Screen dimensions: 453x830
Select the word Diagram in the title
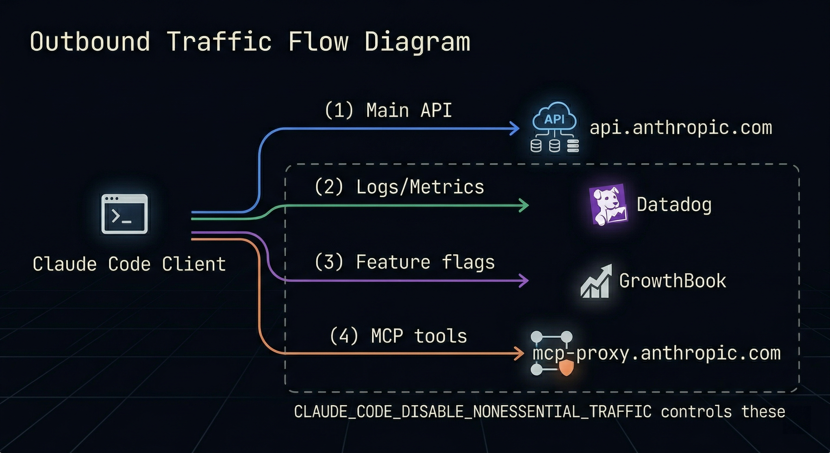[417, 42]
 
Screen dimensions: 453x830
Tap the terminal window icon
[124, 214]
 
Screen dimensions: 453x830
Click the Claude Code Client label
[129, 264]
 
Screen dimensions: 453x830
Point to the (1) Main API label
[388, 110]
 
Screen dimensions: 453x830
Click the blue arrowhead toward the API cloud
[515, 128]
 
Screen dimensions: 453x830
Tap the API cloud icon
[554, 127]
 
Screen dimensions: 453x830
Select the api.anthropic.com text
[681, 128]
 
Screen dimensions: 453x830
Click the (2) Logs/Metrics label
[399, 187]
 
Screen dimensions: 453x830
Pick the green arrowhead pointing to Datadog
[524, 205]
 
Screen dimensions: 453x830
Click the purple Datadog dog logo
[608, 205]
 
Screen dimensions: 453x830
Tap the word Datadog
[674, 205]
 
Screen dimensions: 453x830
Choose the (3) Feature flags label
[404, 262]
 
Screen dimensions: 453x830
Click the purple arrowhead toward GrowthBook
[524, 280]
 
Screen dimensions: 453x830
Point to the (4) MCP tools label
[398, 336]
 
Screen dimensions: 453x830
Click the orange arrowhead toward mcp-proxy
[520, 353]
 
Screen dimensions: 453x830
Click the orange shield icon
[566, 368]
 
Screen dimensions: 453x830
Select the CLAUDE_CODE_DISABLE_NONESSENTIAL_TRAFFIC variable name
[473, 412]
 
